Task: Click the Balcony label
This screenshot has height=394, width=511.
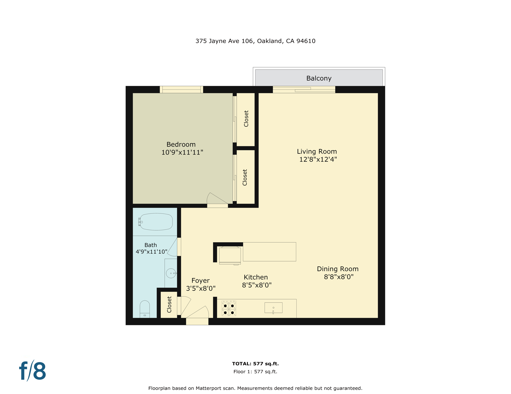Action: point(319,78)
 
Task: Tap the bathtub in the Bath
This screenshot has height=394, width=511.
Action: point(156,222)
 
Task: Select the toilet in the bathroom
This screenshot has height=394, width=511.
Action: point(145,309)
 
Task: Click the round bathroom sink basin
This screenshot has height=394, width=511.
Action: point(171,273)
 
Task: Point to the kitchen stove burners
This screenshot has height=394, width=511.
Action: point(229,309)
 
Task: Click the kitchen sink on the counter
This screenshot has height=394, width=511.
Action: point(273,308)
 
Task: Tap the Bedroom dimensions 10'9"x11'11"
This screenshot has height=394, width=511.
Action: point(182,152)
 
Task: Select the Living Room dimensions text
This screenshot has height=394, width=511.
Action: point(318,159)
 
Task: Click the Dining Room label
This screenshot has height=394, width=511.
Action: point(337,269)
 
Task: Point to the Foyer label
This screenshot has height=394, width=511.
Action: point(200,280)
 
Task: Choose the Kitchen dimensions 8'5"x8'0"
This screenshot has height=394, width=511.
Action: point(257,285)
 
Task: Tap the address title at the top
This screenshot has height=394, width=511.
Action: point(255,41)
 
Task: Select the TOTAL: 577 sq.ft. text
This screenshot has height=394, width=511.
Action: point(255,363)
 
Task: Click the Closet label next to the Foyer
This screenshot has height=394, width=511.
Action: point(169,304)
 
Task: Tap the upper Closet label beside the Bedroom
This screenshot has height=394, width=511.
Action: point(246,119)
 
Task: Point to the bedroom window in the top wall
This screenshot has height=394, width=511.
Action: point(181,89)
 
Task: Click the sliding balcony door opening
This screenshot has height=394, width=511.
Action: point(304,89)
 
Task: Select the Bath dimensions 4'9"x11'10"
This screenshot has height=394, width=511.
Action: point(151,252)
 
